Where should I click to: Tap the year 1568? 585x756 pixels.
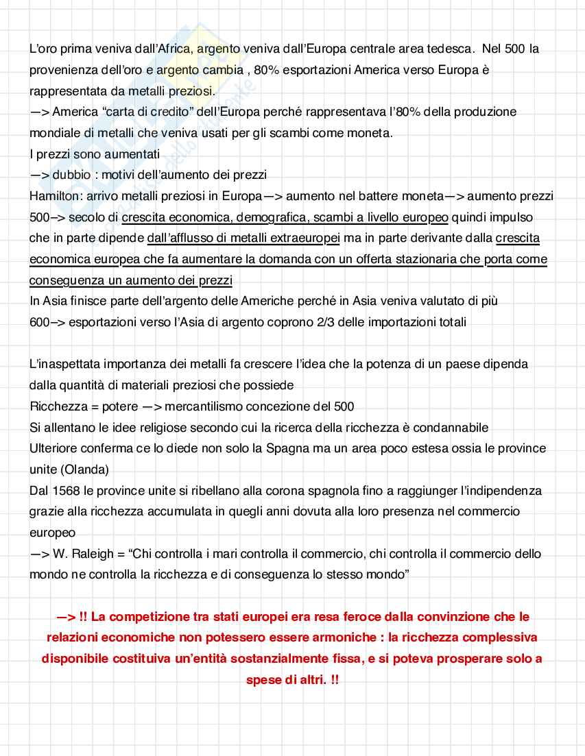pos(66,491)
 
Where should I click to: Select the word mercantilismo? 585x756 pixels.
pos(203,406)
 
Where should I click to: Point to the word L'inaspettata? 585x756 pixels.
pos(67,364)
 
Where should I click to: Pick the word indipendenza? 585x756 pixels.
pos(506,491)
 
